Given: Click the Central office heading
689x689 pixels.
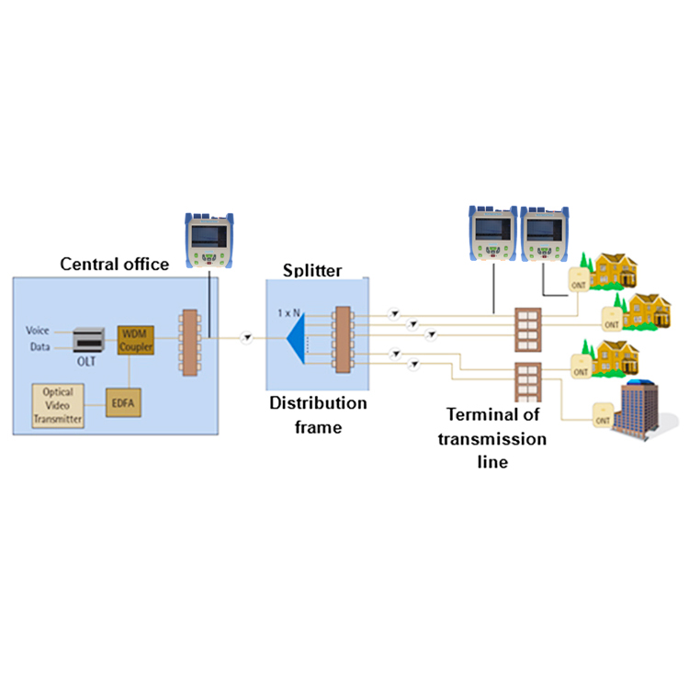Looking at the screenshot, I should (115, 265).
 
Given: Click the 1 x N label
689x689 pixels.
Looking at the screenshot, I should (290, 312).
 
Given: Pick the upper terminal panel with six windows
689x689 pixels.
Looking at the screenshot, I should (526, 327).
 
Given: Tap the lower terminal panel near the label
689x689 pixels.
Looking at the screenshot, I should (526, 386).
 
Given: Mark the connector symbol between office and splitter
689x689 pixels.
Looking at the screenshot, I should (246, 338).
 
